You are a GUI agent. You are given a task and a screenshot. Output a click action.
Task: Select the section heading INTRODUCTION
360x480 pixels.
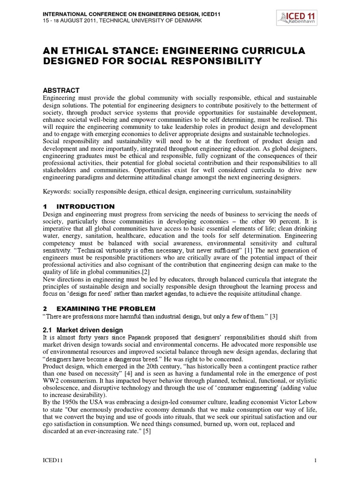click(x=85, y=206)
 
